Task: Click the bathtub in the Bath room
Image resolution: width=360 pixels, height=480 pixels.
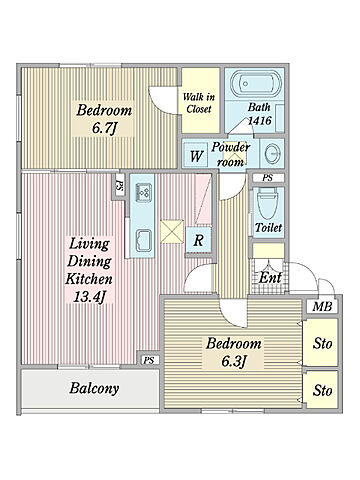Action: tap(256, 83)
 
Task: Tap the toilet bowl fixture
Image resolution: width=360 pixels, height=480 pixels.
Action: tap(267, 204)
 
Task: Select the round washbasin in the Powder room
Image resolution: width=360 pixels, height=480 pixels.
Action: tap(272, 154)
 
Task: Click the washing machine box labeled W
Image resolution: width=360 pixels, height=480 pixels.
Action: tap(197, 155)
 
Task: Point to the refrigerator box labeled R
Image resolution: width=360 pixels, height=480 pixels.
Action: tap(198, 240)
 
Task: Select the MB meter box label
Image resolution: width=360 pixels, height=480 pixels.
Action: tap(322, 306)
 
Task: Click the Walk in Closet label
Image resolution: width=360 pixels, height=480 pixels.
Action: tap(199, 103)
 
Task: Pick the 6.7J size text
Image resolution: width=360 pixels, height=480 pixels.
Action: tap(105, 128)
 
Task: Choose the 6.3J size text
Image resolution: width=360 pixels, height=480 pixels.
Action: tap(234, 361)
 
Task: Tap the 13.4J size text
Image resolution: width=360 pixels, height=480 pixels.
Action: tap(89, 296)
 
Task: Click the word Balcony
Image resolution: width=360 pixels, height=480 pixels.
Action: tap(94, 388)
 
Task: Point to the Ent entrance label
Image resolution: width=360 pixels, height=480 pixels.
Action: tap(270, 277)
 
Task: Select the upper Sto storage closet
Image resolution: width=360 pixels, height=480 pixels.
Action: tap(321, 342)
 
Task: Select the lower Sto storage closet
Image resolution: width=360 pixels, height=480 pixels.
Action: tap(322, 389)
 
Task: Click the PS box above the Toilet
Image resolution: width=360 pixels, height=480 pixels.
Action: tap(268, 178)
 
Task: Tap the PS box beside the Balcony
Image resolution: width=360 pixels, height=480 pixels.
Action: tap(149, 360)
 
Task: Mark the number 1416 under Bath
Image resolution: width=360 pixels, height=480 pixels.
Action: tap(260, 121)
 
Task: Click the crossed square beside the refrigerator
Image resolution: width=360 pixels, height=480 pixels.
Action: tap(172, 231)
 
